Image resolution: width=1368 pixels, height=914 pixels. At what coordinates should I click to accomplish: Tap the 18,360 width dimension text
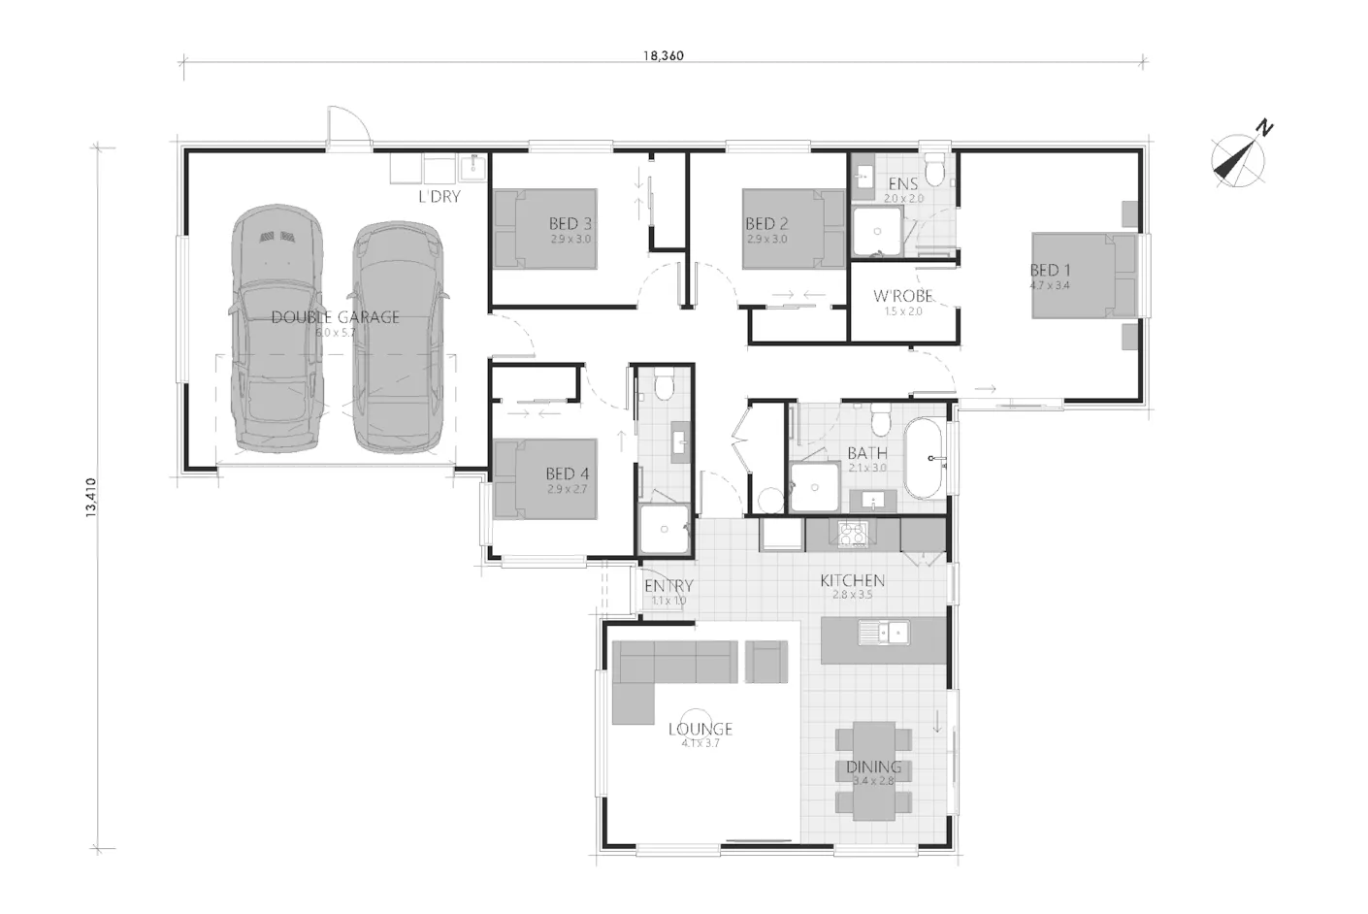pyautogui.click(x=663, y=55)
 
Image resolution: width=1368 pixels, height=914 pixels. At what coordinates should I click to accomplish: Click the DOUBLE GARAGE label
pyautogui.click(x=335, y=317)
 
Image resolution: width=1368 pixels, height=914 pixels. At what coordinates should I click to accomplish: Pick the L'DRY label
pyautogui.click(x=439, y=197)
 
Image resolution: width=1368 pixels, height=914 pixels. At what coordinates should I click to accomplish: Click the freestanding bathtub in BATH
pyautogui.click(x=927, y=458)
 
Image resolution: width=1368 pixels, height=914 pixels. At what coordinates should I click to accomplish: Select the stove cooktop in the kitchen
pyautogui.click(x=852, y=535)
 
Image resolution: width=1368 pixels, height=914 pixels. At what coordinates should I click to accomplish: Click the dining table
pyautogui.click(x=874, y=769)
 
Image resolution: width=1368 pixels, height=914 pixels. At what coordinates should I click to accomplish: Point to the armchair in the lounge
pyautogui.click(x=766, y=661)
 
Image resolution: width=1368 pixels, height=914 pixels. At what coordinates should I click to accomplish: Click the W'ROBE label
pyautogui.click(x=902, y=296)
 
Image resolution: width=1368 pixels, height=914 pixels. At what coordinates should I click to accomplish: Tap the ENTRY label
pyautogui.click(x=668, y=586)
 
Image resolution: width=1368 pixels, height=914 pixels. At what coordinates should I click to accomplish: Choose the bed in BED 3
pyautogui.click(x=545, y=229)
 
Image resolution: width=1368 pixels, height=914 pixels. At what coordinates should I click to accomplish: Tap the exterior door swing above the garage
pyautogui.click(x=347, y=128)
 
